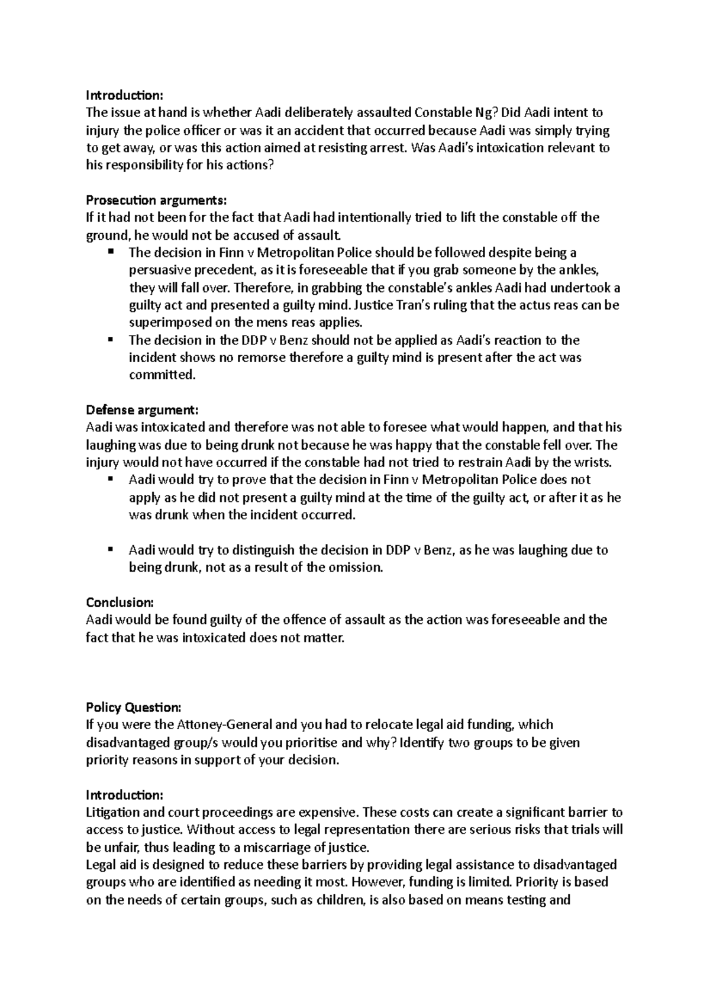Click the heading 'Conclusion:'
[120, 603]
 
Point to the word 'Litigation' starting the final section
[112, 812]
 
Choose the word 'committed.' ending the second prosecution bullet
[162, 375]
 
